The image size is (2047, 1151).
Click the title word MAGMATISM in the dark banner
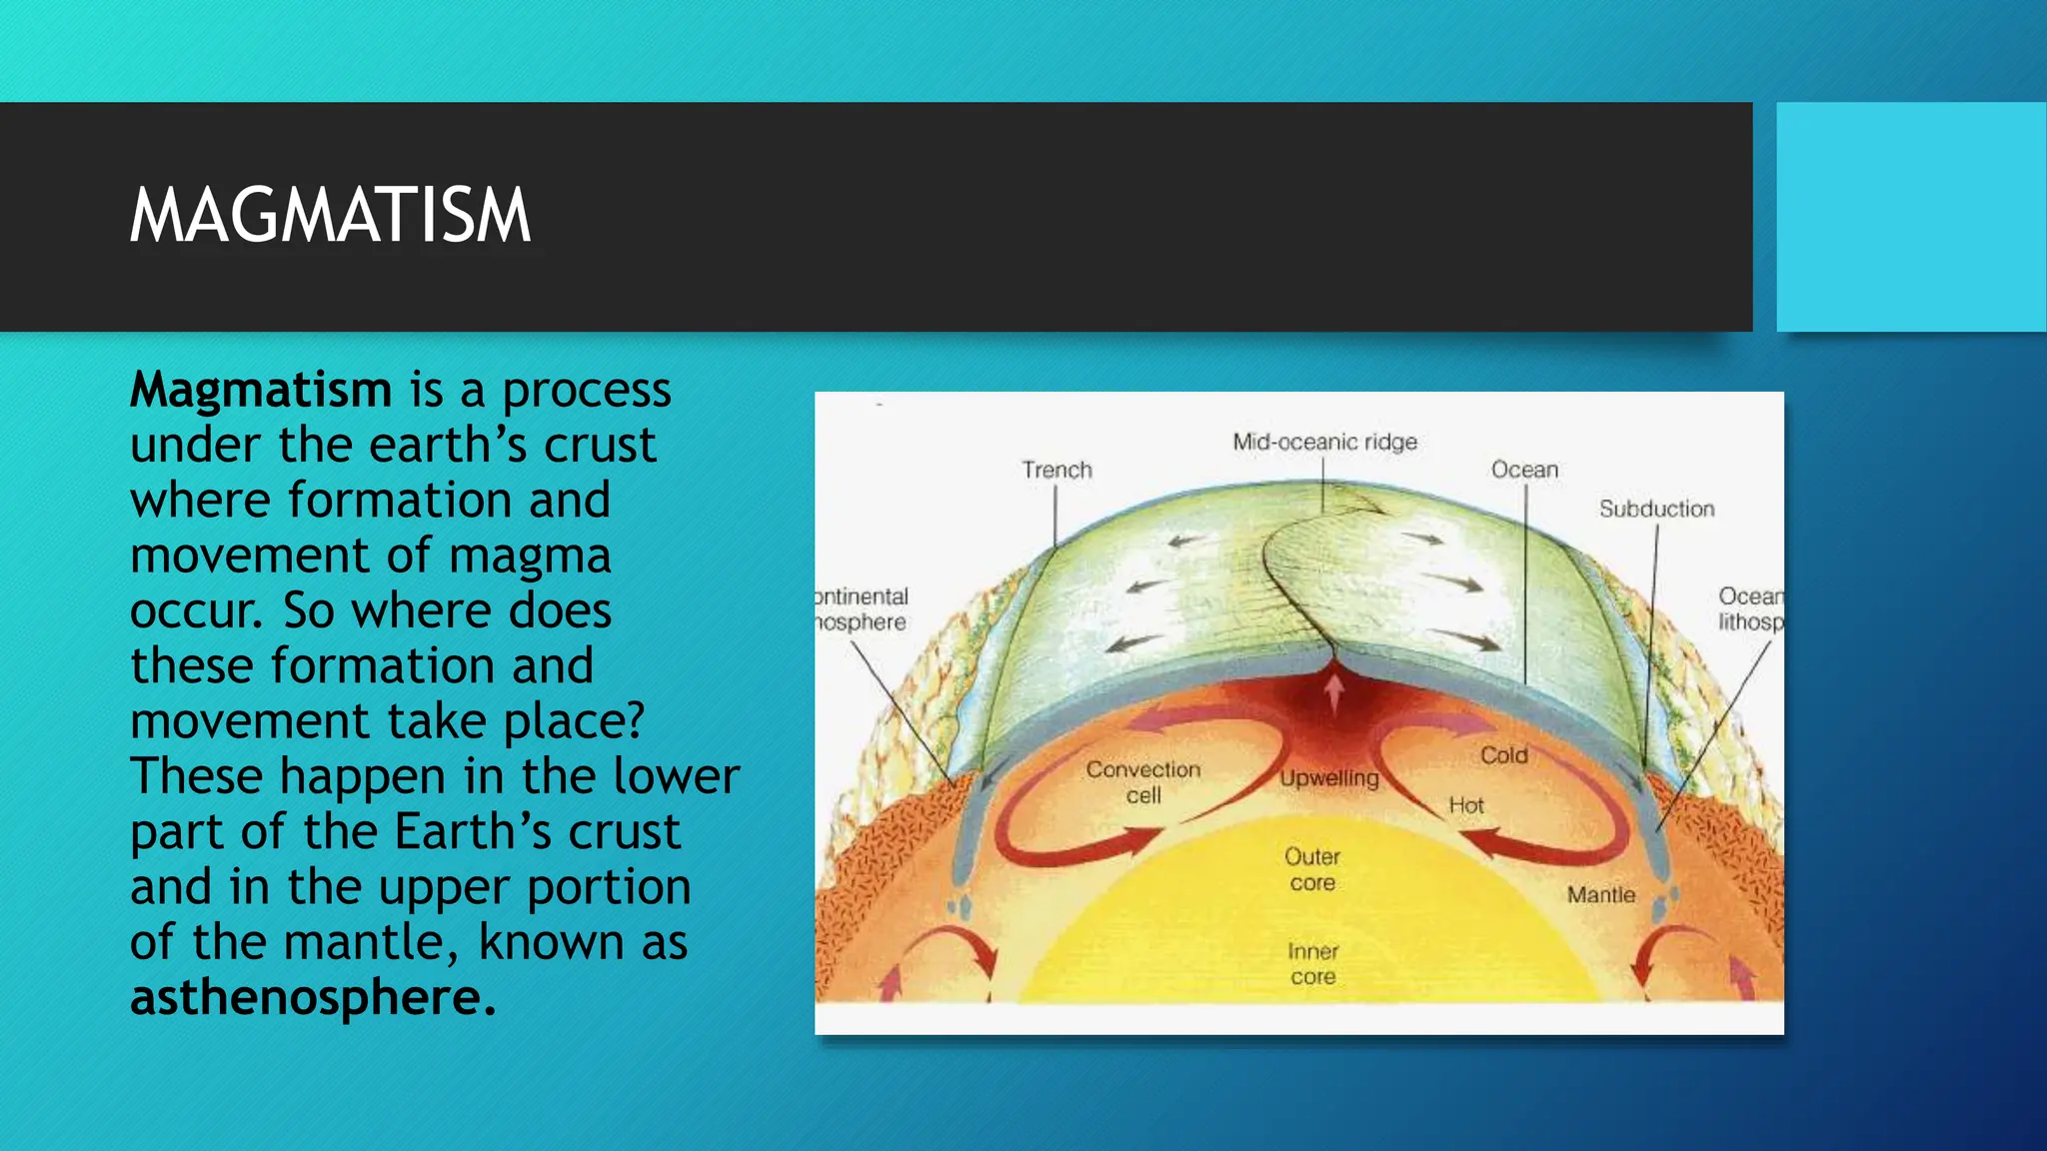(330, 216)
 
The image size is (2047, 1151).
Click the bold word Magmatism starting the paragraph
(261, 390)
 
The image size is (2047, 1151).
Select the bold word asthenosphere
(312, 997)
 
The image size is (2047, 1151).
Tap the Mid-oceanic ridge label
(1324, 442)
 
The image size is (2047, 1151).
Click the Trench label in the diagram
(1056, 470)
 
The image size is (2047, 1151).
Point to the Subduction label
(1656, 509)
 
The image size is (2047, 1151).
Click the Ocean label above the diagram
(1524, 470)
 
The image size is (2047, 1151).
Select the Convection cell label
(1143, 781)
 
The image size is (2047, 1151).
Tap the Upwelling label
(1329, 778)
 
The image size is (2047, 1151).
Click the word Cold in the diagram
(1503, 755)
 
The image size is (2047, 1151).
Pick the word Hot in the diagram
(1466, 805)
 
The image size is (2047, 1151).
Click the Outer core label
(1312, 869)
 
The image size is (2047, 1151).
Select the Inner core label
(1312, 963)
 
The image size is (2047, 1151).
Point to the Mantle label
(1600, 895)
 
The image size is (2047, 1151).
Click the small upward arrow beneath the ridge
(1333, 691)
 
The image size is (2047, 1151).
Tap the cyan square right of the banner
(1910, 216)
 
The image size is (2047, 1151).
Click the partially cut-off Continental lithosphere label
(862, 609)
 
